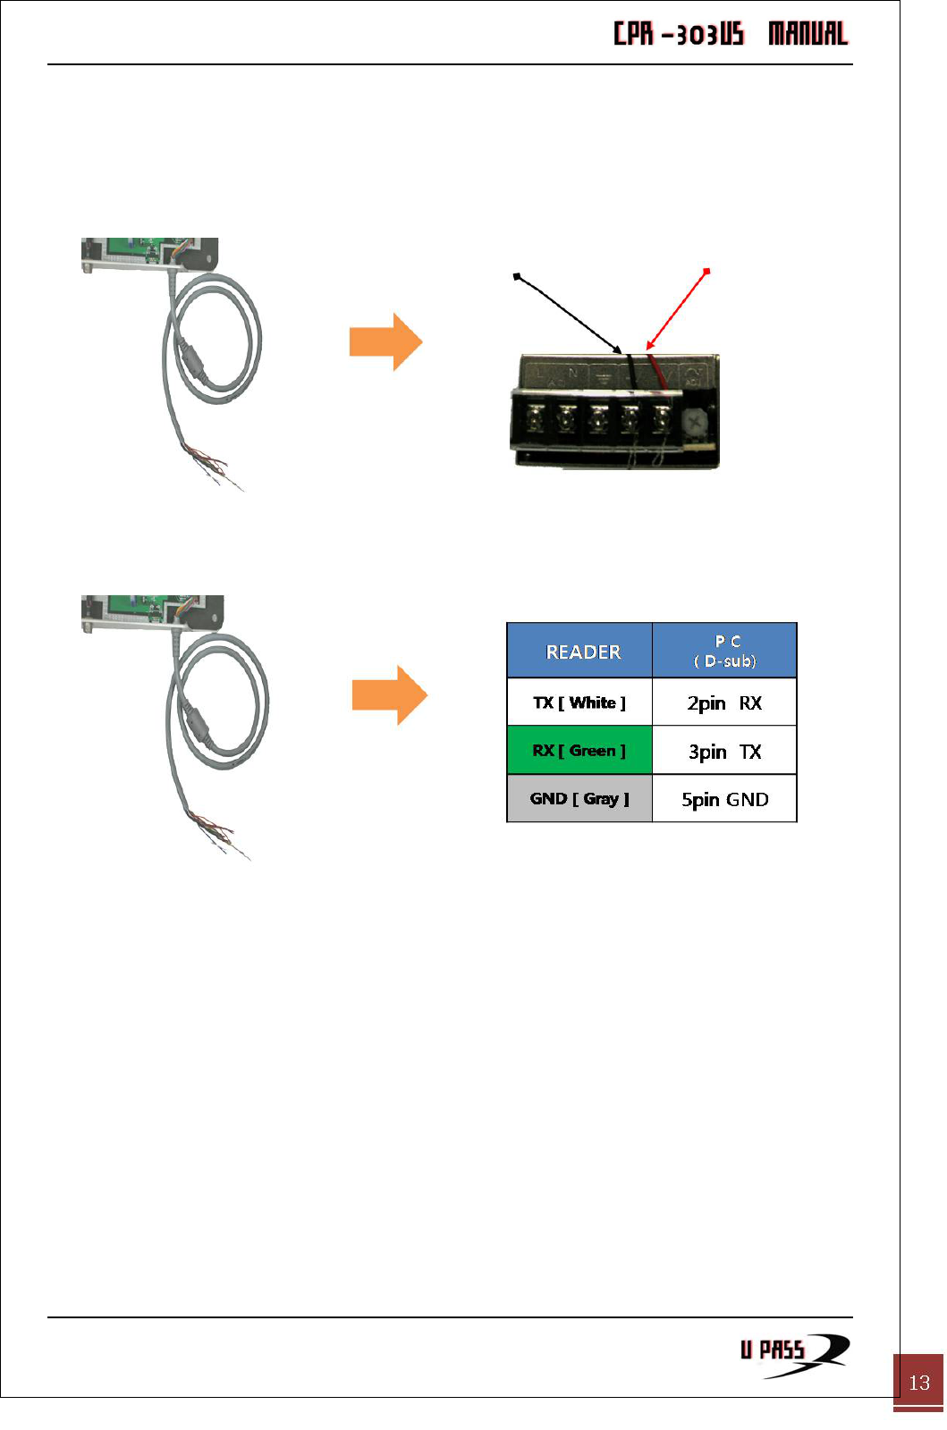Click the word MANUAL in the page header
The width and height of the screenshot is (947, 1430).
(807, 34)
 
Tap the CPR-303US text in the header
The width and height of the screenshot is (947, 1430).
(679, 34)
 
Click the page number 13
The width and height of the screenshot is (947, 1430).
(919, 1383)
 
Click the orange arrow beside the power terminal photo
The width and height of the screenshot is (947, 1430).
(385, 341)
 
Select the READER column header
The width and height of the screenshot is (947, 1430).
(582, 652)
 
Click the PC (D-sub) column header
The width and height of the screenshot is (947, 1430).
(725, 651)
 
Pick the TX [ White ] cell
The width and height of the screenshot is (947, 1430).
(579, 702)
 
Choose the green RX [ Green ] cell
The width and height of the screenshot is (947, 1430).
(579, 751)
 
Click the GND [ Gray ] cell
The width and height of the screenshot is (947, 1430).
(579, 798)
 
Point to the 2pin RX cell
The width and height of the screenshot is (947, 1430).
(724, 703)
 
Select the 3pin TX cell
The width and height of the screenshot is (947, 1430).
(724, 752)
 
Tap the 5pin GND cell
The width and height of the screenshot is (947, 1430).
(724, 799)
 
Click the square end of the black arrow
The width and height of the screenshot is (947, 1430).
(516, 277)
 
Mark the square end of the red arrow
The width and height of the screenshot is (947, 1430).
(707, 271)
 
